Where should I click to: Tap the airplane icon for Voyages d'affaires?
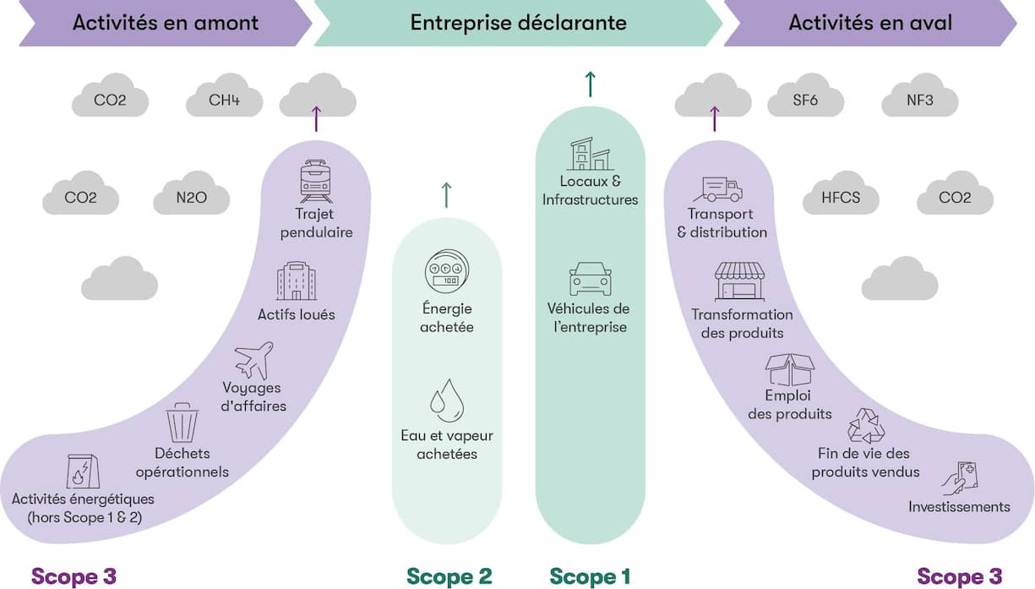pos(254,360)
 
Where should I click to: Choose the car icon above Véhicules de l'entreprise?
pos(590,279)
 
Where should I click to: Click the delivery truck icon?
pos(717,189)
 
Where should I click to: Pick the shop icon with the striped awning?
pos(739,281)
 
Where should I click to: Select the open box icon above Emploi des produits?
pos(789,369)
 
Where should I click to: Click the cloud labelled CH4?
pos(224,101)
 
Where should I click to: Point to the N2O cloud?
pos(192,199)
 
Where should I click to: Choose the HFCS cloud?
pos(841,199)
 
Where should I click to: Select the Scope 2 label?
pos(449,576)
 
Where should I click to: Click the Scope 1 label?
pos(590,576)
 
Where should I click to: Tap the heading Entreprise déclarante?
pos(518,23)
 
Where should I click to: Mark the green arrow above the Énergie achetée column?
pos(446,194)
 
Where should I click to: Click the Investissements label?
pos(959,507)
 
